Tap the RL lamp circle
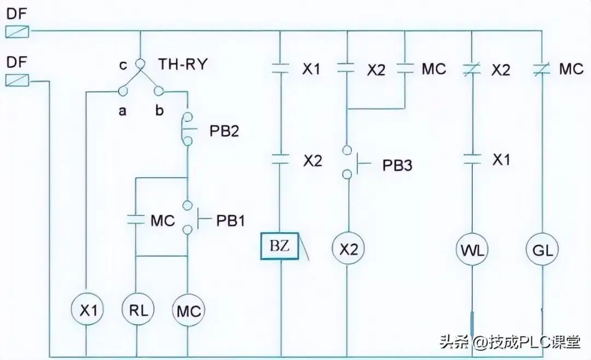[137, 311]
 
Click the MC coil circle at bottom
[188, 311]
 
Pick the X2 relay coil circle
[348, 249]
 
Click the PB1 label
[230, 220]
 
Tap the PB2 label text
[224, 132]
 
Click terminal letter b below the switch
[159, 112]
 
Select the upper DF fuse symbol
[17, 31]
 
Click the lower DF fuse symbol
[17, 80]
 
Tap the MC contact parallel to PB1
[136, 220]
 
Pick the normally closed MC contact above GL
[542, 69]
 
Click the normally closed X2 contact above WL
[472, 69]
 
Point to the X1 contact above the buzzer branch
[280, 69]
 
